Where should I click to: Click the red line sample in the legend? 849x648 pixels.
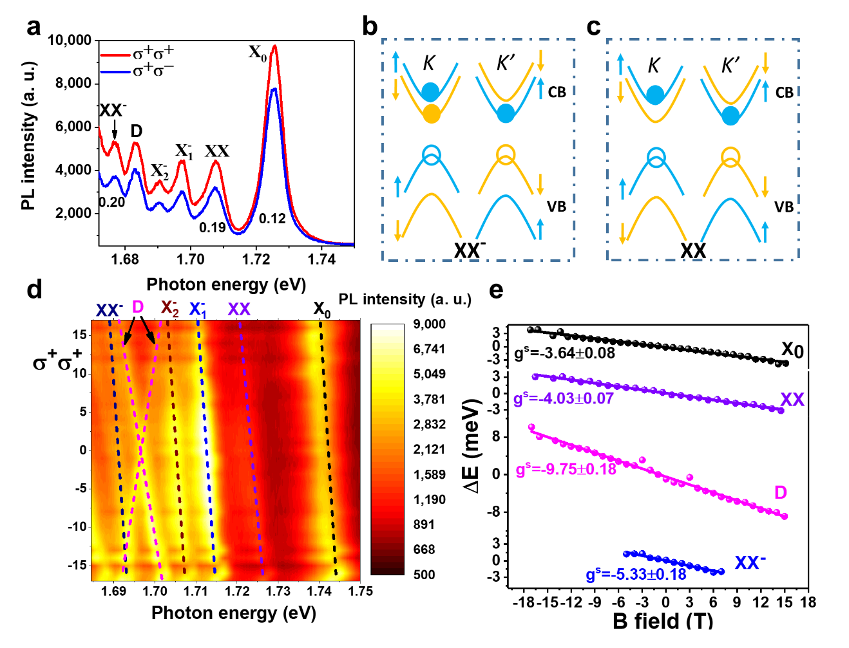coord(115,56)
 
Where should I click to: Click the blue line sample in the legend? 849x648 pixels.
coord(115,71)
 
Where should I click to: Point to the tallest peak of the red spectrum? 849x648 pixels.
coord(275,46)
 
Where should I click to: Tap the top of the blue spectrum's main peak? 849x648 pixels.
coord(274,89)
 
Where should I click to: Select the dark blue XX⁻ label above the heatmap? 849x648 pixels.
coord(109,310)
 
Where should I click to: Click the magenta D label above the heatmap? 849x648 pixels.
coord(138,307)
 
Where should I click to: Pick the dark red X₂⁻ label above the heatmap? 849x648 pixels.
coord(170,309)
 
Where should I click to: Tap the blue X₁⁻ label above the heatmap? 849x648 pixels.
coord(197,310)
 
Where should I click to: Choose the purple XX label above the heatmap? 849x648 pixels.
coord(239,309)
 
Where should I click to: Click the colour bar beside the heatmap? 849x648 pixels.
coord(388,449)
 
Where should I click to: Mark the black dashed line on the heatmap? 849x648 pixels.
coord(328,450)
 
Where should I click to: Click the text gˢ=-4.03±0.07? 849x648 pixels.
coord(564,399)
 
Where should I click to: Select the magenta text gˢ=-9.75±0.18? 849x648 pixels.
coord(566,469)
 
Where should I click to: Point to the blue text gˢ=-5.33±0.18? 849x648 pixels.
coord(636,575)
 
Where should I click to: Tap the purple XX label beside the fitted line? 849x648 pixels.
coord(792,400)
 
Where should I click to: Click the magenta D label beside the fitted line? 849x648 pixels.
coord(780,493)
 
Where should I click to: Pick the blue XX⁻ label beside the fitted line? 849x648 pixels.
coord(750,563)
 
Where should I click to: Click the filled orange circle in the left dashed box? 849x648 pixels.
coord(432,114)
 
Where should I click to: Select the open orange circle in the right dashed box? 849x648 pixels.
coord(730,155)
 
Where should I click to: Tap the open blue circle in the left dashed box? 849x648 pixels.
coord(432,154)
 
